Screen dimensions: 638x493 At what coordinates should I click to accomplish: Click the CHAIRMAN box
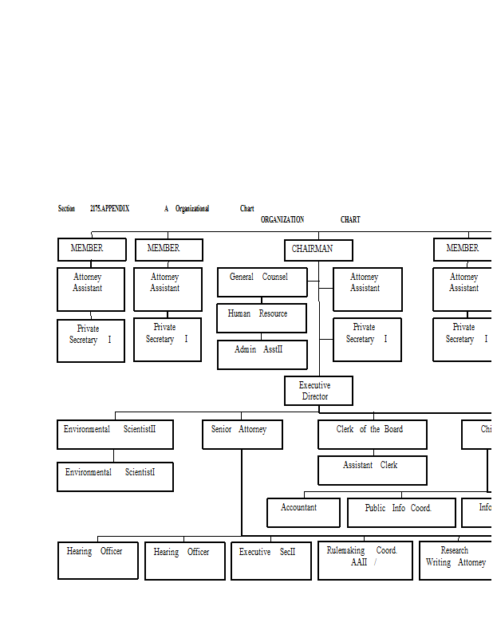pos(318,250)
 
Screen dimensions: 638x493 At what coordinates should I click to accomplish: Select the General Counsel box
pos(262,282)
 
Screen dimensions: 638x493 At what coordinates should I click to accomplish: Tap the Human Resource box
pos(261,317)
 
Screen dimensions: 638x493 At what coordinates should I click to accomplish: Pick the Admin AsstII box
pos(262,354)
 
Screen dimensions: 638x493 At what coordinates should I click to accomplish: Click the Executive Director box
pos(318,391)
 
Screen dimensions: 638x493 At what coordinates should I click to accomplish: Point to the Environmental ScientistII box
pos(115,434)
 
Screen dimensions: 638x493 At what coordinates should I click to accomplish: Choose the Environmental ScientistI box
pos(115,476)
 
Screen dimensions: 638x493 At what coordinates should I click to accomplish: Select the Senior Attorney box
pos(242,434)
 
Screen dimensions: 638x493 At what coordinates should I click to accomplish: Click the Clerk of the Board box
pos(372,434)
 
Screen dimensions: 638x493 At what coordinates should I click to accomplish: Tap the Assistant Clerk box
pos(372,470)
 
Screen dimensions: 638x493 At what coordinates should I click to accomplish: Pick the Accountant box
pos(303,512)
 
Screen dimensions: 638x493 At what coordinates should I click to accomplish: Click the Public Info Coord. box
pos(401,512)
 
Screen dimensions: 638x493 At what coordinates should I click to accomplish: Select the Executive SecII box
pos(270,561)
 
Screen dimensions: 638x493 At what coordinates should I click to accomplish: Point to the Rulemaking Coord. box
pos(365,561)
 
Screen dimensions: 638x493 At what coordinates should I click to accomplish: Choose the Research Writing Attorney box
pos(456,561)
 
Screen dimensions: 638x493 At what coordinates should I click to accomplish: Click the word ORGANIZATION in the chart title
pos(282,220)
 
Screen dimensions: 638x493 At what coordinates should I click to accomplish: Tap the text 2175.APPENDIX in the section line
pos(109,209)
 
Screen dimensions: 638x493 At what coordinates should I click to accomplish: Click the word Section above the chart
pos(66,209)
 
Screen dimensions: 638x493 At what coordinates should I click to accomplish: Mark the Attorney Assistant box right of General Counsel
pos(367,289)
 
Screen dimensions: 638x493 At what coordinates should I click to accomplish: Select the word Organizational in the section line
pos(192,209)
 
